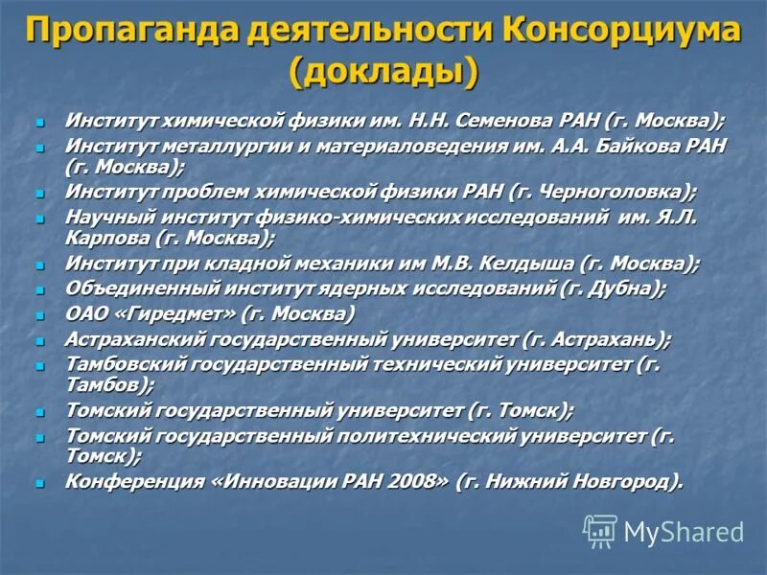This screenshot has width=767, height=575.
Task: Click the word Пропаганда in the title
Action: click(132, 30)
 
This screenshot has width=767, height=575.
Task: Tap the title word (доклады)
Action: click(383, 72)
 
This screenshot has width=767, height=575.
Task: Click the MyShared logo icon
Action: click(600, 531)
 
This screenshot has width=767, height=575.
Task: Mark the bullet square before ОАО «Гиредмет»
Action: click(40, 314)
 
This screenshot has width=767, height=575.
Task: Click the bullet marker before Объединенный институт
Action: click(40, 288)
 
